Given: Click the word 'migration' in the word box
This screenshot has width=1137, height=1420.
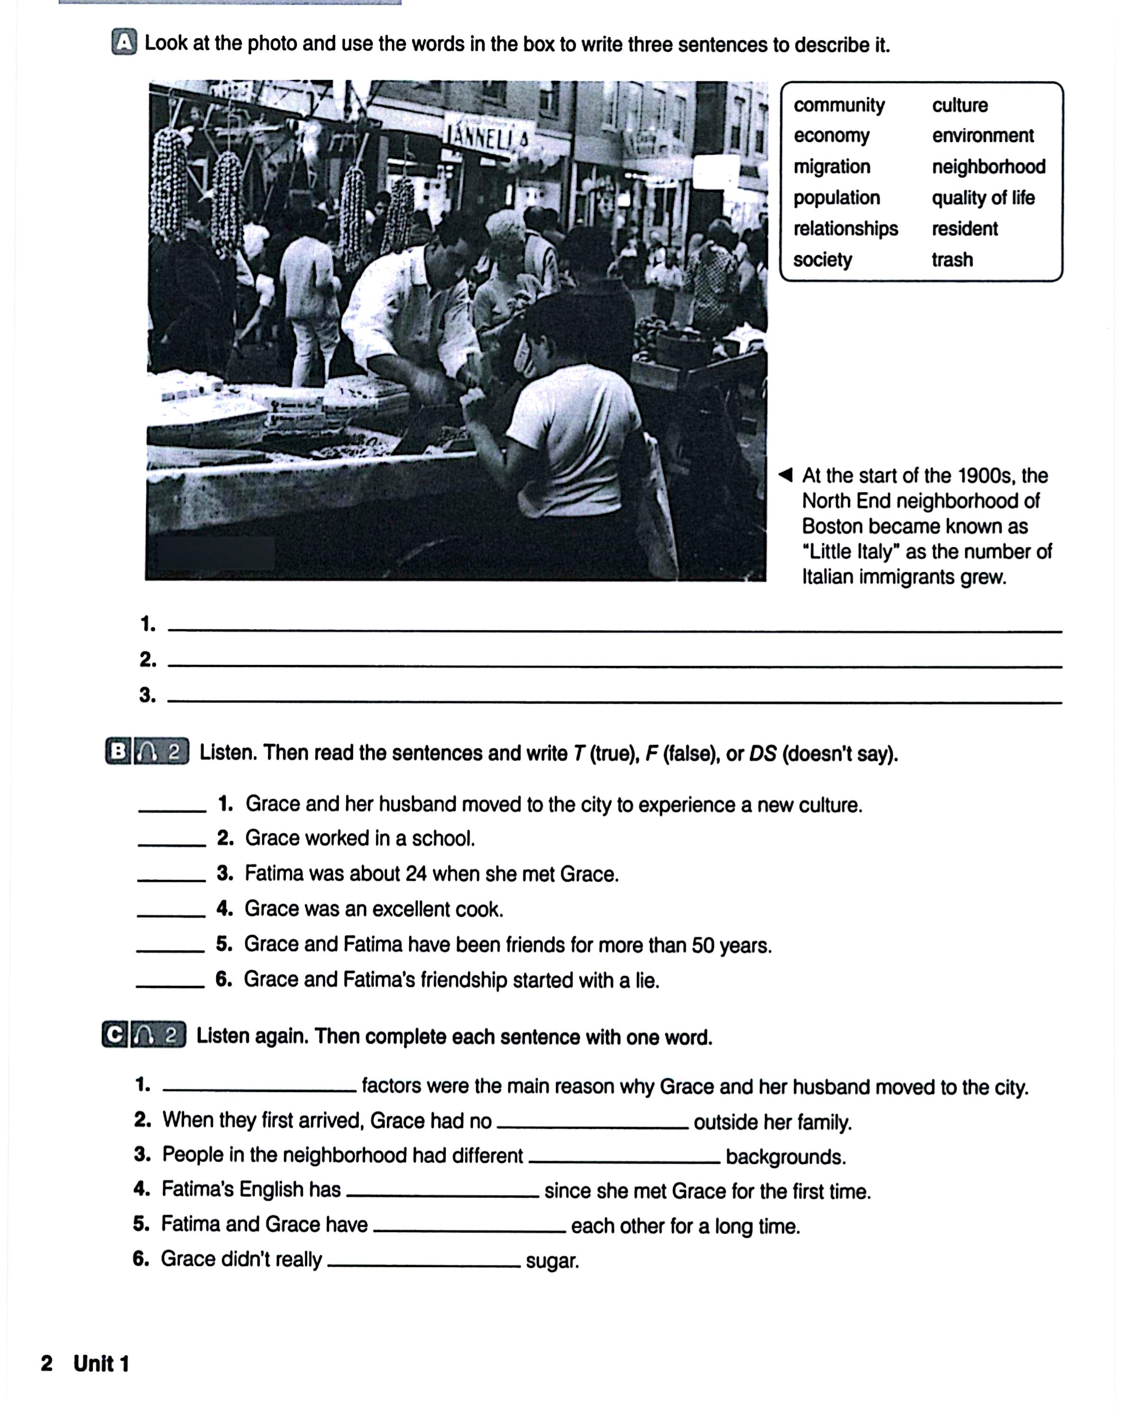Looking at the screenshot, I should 831,167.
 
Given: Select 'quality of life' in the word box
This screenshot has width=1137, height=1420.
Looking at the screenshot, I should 982,197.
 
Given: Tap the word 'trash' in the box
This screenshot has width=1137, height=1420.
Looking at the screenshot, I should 952,259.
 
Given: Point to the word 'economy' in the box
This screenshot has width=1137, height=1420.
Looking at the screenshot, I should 831,136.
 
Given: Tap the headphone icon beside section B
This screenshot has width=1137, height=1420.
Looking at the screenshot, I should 148,752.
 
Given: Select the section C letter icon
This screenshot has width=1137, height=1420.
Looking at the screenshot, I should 115,1035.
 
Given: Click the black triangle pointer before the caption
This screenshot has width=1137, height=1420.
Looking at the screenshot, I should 785,475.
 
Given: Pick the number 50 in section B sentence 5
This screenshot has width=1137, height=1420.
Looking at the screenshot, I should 703,945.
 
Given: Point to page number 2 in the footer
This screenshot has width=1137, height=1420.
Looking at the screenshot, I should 47,1363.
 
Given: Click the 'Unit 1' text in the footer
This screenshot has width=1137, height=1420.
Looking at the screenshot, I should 101,1363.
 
